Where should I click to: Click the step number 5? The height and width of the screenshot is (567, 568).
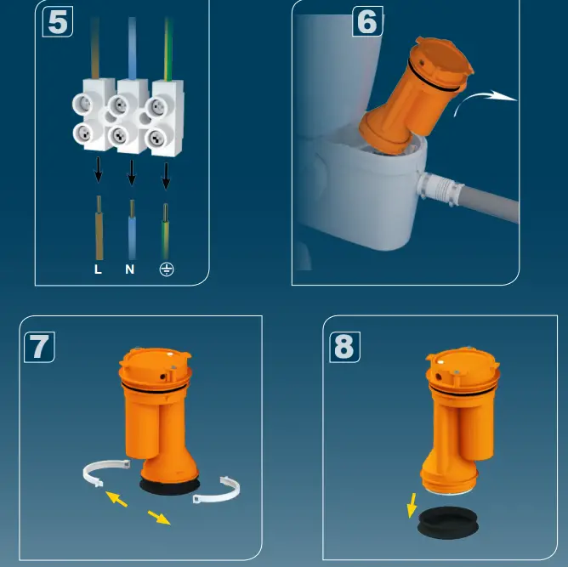(x=57, y=22)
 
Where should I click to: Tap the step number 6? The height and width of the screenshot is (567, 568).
(x=366, y=22)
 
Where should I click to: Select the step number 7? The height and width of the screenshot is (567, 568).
(x=38, y=346)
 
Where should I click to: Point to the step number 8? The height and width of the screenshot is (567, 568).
(x=344, y=347)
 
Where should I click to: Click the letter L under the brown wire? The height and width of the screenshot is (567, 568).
(x=98, y=270)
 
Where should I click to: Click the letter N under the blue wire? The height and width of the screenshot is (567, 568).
(x=130, y=270)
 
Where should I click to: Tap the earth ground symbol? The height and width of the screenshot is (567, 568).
(x=167, y=270)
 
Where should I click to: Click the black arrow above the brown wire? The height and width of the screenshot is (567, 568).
(x=99, y=171)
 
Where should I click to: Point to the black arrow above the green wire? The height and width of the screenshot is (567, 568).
(x=166, y=175)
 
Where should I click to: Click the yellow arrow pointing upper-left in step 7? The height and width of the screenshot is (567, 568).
(x=116, y=500)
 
